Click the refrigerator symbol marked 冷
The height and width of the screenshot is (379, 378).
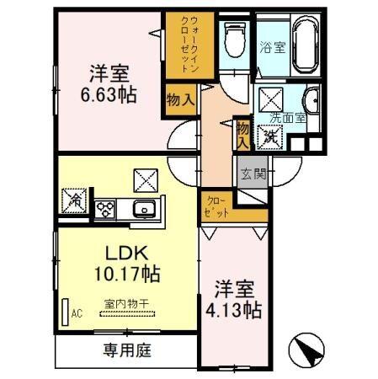(x=73, y=201)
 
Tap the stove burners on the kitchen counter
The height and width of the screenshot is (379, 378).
(x=107, y=209)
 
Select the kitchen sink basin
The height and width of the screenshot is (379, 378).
(x=144, y=210)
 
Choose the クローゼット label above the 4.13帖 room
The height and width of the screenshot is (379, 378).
(x=217, y=207)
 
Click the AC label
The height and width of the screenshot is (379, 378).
(x=76, y=314)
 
